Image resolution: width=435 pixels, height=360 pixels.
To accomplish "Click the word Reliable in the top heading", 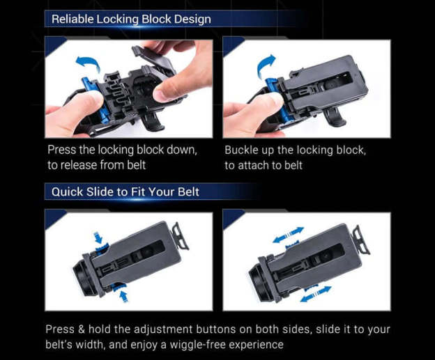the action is [x=72, y=19].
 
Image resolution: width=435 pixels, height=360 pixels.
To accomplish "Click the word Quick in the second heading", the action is [x=67, y=191].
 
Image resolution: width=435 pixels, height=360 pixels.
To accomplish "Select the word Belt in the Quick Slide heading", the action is [x=188, y=191].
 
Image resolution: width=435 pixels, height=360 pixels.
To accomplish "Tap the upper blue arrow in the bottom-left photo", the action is [x=98, y=237].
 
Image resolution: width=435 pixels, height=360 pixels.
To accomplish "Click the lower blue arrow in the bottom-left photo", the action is [x=123, y=296].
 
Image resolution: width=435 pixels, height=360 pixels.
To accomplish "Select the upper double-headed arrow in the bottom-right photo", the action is [x=289, y=235].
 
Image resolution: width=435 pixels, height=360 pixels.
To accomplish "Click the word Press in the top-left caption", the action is [x=61, y=150].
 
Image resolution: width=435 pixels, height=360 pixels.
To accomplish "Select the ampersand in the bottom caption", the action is [x=82, y=329].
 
